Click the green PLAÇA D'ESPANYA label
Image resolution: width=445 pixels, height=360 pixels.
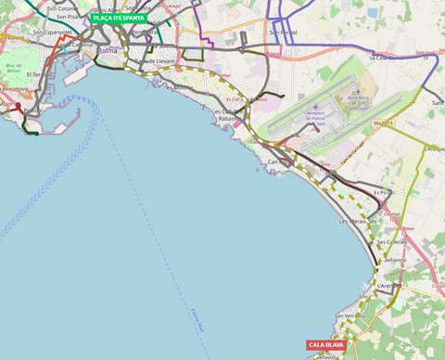pyautogui.click(x=119, y=18)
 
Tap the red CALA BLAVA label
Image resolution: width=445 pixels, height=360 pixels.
pyautogui.click(x=326, y=345)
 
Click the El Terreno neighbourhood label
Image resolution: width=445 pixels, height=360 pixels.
pyautogui.click(x=40, y=74)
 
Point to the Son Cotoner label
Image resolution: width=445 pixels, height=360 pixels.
pyautogui.click(x=62, y=7)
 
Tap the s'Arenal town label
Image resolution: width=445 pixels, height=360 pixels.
pyautogui.click(x=387, y=287)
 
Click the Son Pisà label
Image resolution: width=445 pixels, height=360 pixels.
pyautogui.click(x=67, y=17)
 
